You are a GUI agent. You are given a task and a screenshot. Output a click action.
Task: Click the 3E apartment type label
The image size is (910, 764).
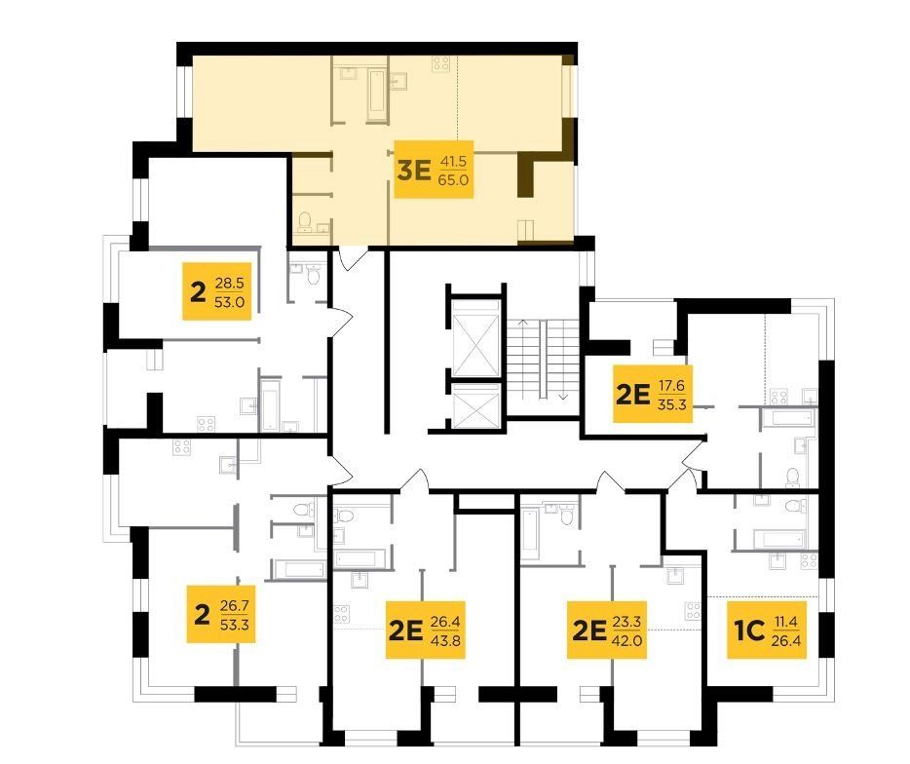tap(414, 171)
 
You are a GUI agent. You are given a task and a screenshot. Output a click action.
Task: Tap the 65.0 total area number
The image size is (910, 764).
tap(454, 179)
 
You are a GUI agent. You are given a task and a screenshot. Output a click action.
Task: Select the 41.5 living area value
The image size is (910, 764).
tap(453, 162)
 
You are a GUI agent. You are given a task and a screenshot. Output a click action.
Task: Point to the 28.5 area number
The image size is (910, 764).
tap(229, 284)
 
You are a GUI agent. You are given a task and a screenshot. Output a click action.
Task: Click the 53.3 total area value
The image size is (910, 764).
tap(235, 625)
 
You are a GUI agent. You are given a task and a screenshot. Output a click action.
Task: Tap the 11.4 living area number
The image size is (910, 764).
tap(786, 622)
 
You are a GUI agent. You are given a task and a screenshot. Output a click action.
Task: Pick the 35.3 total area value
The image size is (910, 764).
tap(671, 403)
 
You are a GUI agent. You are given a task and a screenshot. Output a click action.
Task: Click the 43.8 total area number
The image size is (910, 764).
tap(445, 640)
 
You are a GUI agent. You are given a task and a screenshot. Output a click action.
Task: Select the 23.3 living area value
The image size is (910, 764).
tap(626, 622)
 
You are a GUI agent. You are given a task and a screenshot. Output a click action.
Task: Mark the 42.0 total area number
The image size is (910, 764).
tap(626, 640)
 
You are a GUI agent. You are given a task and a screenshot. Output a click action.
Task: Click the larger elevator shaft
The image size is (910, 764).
tap(475, 338)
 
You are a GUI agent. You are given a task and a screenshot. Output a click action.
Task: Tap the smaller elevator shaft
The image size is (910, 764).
tap(475, 405)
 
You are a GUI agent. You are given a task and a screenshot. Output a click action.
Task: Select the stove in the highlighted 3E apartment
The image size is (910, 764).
tap(440, 63)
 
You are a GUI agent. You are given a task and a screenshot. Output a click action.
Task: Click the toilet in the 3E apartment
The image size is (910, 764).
tap(305, 221)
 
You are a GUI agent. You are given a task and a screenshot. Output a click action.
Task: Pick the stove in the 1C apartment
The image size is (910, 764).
tap(809, 560)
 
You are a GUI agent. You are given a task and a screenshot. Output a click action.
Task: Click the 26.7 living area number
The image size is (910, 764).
tap(235, 606)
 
